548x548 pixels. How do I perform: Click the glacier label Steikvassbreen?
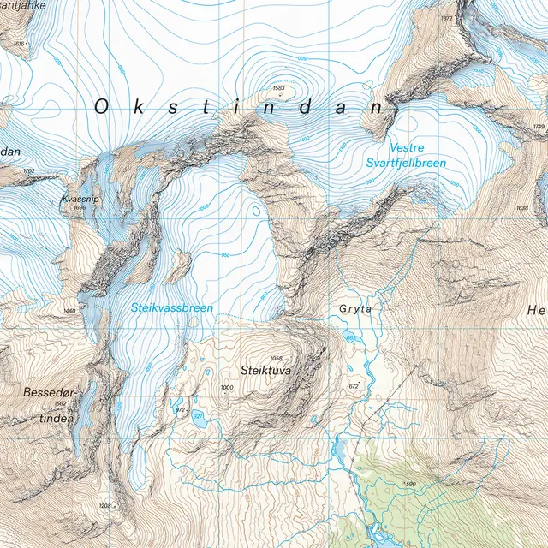(x=171, y=307)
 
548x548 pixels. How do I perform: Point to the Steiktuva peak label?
(x=266, y=372)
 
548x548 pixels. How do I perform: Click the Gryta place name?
(x=355, y=309)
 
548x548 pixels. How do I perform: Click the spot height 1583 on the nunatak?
(x=278, y=88)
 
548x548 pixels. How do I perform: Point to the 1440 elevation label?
(x=70, y=310)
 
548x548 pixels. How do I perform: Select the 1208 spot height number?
(x=105, y=507)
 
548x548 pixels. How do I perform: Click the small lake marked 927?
(x=198, y=415)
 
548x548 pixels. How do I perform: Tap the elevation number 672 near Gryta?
(x=354, y=387)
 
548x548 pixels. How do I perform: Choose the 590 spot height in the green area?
(x=409, y=485)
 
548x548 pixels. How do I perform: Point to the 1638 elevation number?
(x=522, y=208)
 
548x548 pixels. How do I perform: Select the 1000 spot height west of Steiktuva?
(x=226, y=389)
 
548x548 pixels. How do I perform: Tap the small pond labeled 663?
(x=350, y=338)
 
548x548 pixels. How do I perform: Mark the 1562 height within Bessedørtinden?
(x=60, y=404)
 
